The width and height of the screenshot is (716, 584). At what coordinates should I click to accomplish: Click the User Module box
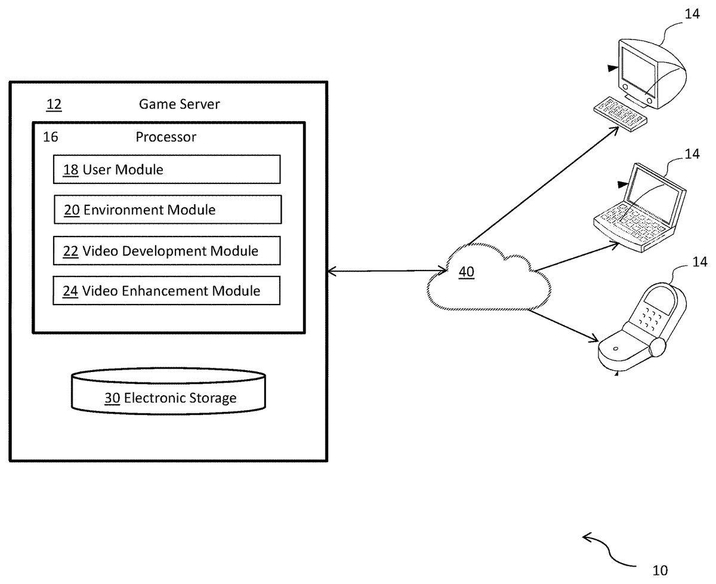click(x=166, y=170)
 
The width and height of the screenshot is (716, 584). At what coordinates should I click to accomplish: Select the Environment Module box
click(x=167, y=210)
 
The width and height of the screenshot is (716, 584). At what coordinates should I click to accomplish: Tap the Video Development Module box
click(x=166, y=251)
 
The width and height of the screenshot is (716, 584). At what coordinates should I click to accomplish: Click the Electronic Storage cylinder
click(x=168, y=392)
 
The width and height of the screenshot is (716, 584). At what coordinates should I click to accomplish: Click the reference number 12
click(x=54, y=104)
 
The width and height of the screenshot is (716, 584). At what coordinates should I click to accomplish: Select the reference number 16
click(x=51, y=137)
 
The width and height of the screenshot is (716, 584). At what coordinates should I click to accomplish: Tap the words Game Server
click(x=179, y=104)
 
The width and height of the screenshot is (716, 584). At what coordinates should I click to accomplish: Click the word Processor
click(x=166, y=137)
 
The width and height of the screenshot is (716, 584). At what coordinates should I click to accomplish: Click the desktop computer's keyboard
click(x=621, y=113)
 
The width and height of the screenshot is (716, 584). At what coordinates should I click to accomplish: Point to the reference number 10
click(x=660, y=570)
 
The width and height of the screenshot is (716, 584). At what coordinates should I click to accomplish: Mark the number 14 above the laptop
click(x=692, y=154)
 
